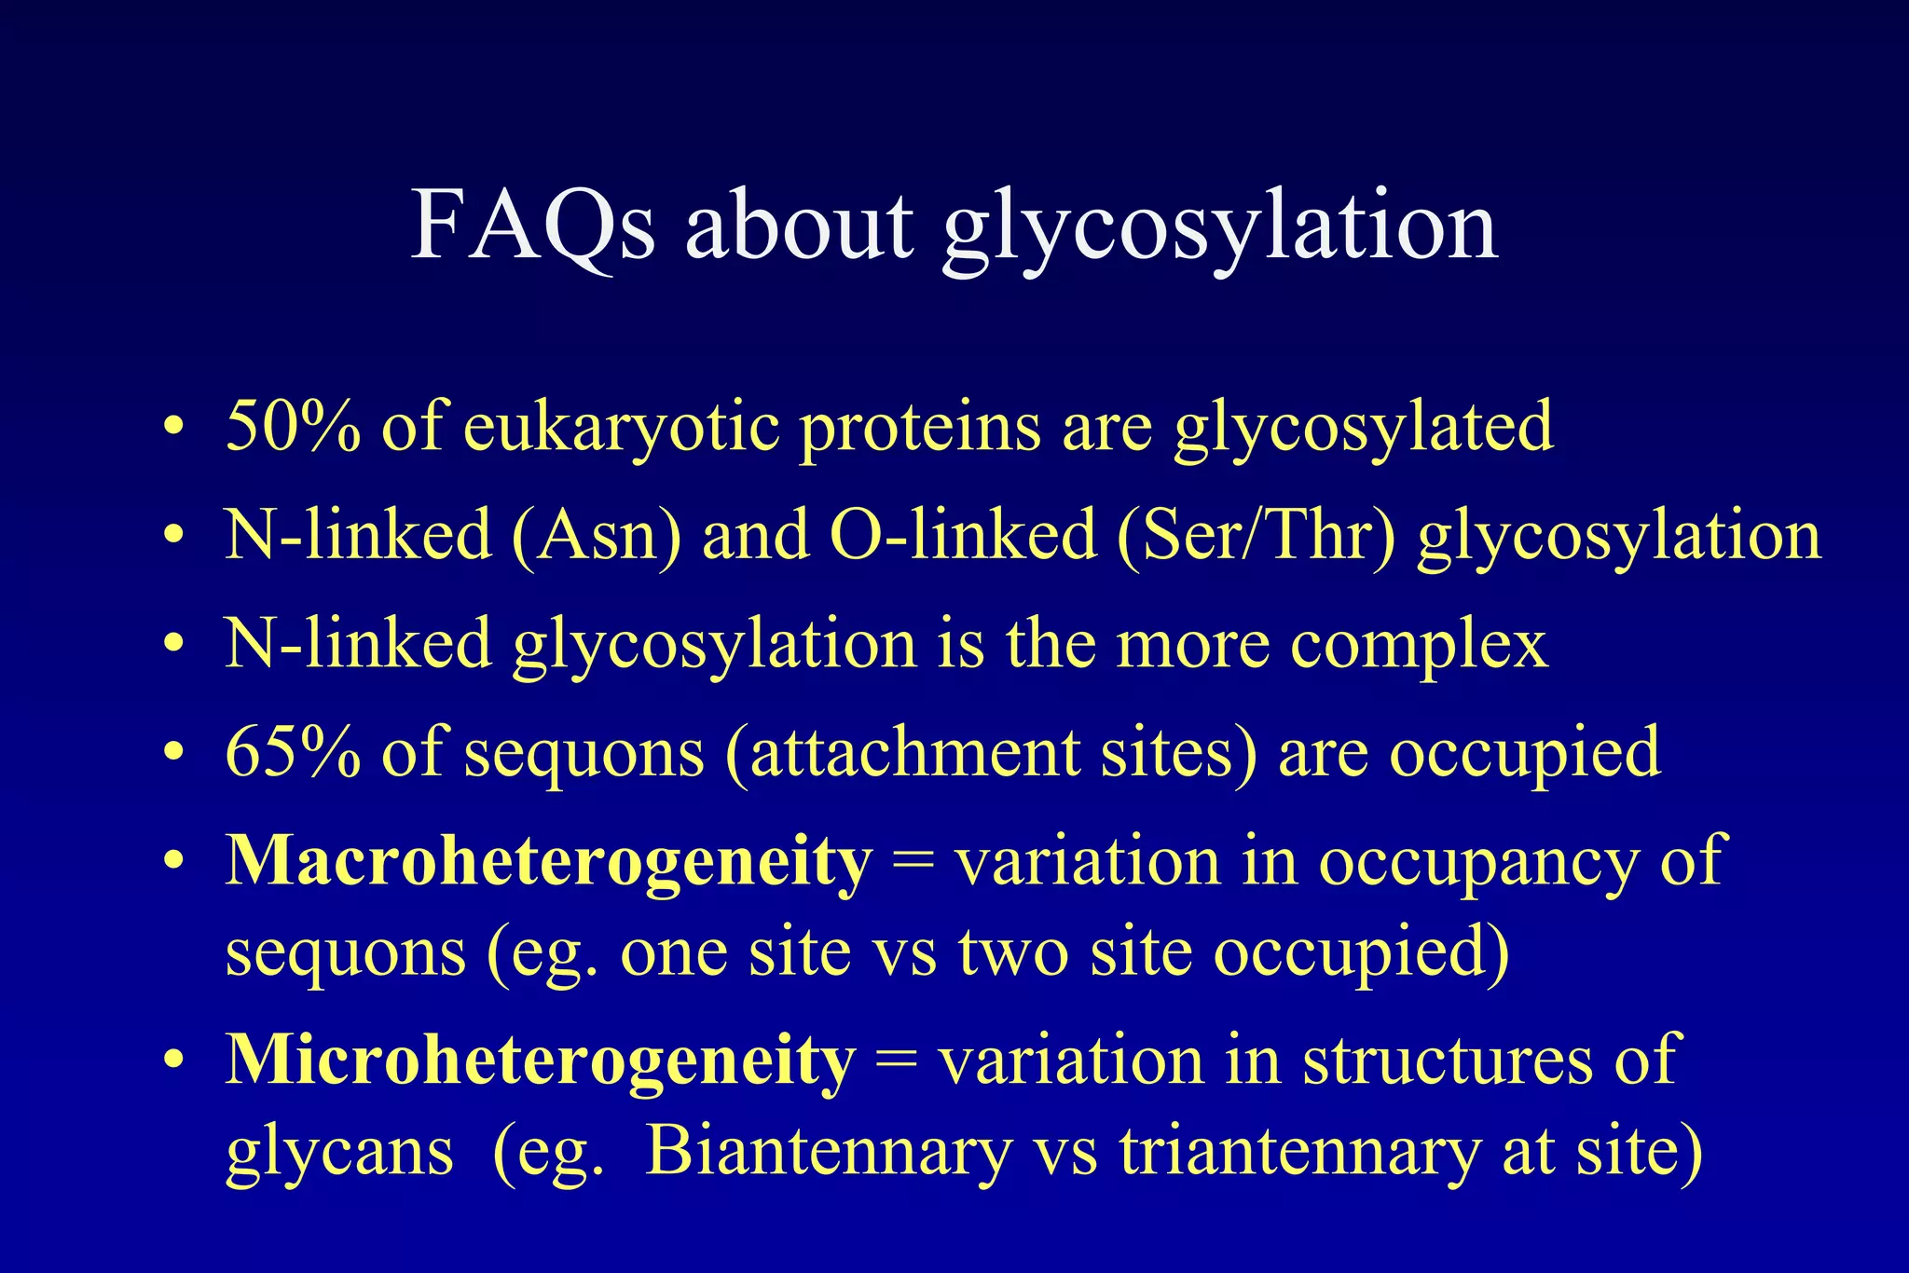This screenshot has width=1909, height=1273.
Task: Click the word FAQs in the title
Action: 533,226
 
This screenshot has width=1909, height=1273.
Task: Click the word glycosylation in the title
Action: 1220,226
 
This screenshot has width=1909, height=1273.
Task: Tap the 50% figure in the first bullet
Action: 293,426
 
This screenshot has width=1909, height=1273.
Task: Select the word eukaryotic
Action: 621,428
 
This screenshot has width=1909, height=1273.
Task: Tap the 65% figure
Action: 293,752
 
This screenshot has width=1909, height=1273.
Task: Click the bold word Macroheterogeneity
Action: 549,861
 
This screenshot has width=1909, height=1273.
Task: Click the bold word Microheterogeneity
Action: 540,1061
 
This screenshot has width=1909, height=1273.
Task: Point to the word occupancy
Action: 1477,863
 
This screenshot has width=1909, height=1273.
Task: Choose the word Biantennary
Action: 828,1151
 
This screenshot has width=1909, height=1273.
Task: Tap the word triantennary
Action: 1299,1151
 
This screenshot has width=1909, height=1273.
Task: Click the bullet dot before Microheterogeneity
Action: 172,1062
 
